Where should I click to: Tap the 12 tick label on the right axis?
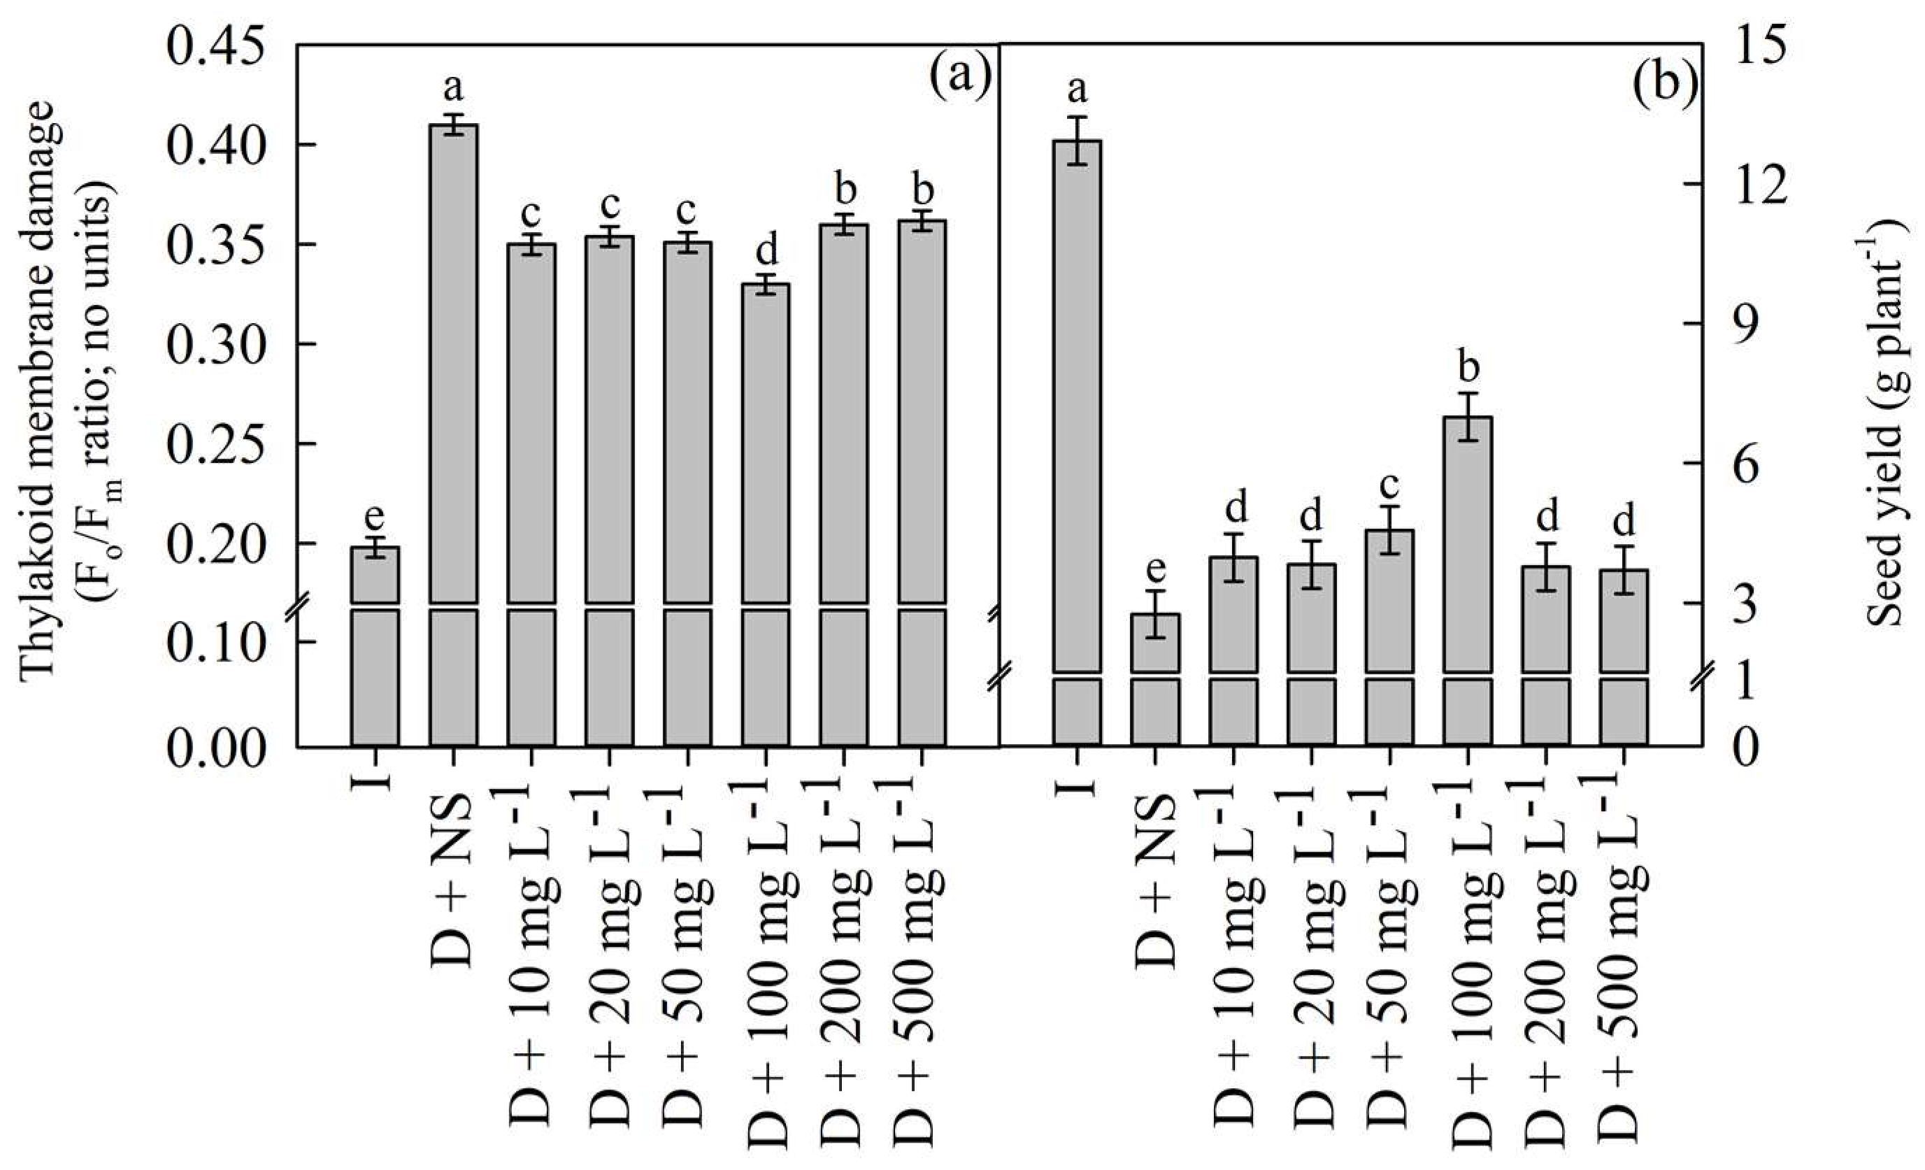(1757, 185)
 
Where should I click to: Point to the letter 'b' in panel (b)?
(1469, 366)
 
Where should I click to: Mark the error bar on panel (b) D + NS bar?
(1155, 614)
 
